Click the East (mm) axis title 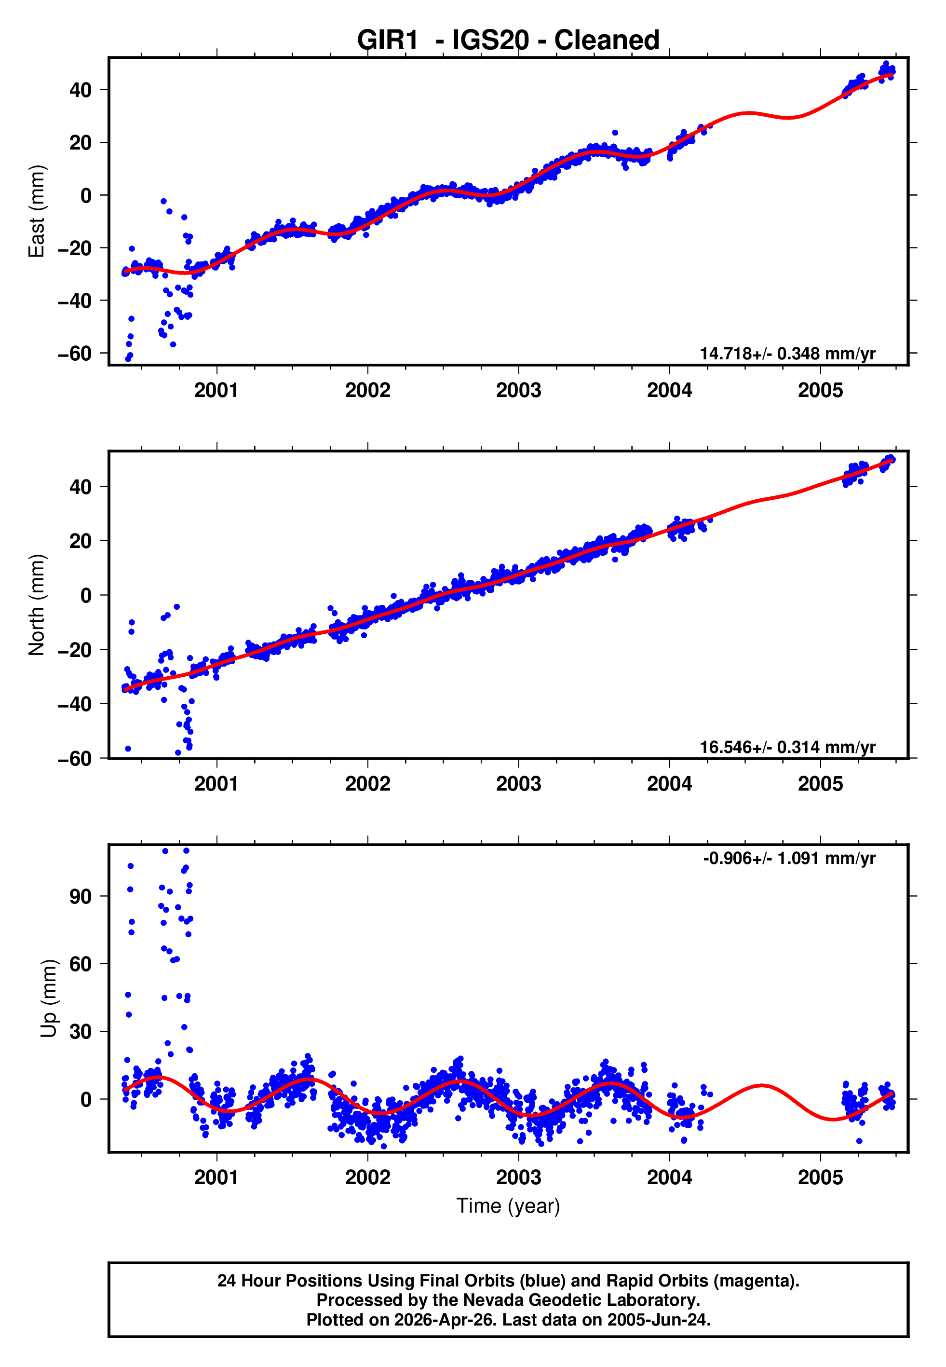pyautogui.click(x=37, y=211)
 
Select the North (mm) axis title pyautogui.click(x=37, y=605)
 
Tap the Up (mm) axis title pyautogui.click(x=49, y=998)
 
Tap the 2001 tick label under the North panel pyautogui.click(x=216, y=784)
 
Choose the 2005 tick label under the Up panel pyautogui.click(x=820, y=1177)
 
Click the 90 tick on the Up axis pyautogui.click(x=81, y=896)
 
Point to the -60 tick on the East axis pyautogui.click(x=75, y=354)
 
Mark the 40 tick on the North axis pyautogui.click(x=81, y=487)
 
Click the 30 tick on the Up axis pyautogui.click(x=81, y=1031)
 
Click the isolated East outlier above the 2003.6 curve pyautogui.click(x=615, y=133)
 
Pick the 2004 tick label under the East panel pyautogui.click(x=669, y=390)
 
